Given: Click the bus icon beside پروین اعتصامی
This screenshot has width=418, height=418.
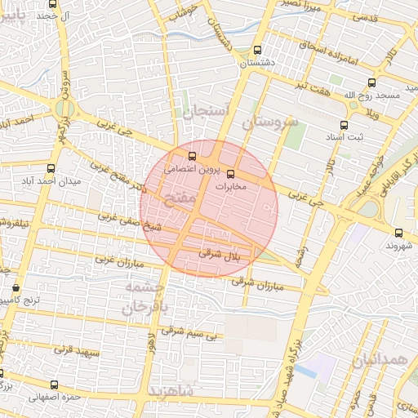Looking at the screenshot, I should [x=193, y=156].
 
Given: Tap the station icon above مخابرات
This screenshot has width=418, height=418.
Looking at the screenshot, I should [x=230, y=173].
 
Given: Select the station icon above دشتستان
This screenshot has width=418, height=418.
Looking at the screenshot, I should [x=258, y=50].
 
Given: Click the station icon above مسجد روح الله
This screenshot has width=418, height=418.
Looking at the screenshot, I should [x=372, y=82].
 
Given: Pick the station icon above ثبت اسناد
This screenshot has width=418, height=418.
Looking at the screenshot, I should [x=344, y=125].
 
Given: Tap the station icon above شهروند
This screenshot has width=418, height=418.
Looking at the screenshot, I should [x=398, y=233].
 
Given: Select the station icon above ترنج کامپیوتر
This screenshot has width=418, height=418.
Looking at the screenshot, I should [x=16, y=288].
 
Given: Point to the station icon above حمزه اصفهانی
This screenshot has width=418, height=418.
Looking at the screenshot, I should [x=55, y=385].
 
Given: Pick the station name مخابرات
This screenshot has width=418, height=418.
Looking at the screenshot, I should [x=235, y=187].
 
